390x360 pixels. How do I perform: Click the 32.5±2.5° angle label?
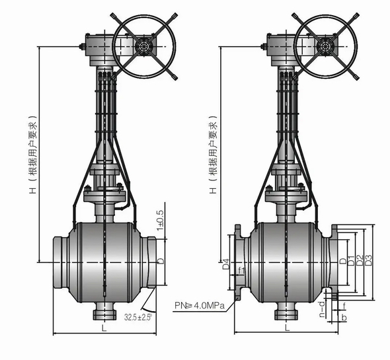pyautogui.click(x=138, y=317)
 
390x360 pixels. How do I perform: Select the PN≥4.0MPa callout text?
pyautogui.click(x=200, y=305)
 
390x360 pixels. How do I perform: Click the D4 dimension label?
pyautogui.click(x=226, y=264)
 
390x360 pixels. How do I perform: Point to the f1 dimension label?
pyautogui.click(x=241, y=271)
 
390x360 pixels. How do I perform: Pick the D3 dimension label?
pyautogui.click(x=369, y=260)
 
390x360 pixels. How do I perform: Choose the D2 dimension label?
pyautogui.click(x=360, y=260)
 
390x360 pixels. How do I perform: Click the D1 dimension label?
pyautogui.click(x=351, y=260)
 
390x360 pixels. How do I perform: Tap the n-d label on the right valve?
pyautogui.click(x=323, y=309)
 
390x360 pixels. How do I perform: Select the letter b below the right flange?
pyautogui.click(x=344, y=317)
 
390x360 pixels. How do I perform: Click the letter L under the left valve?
pyautogui.click(x=104, y=328)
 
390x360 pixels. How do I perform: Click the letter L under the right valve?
pyautogui.click(x=287, y=328)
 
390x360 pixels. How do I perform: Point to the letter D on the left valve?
pyautogui.click(x=161, y=261)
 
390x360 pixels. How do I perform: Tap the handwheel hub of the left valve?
pyautogui.click(x=144, y=46)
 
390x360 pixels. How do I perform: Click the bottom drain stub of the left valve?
pyautogui.click(x=104, y=311)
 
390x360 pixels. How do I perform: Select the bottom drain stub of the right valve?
pyautogui.click(x=286, y=311)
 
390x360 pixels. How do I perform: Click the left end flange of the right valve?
pyautogui.click(x=238, y=262)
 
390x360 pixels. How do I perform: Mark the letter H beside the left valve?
pyautogui.click(x=33, y=190)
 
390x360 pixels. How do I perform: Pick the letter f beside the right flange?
pyautogui.click(x=344, y=306)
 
